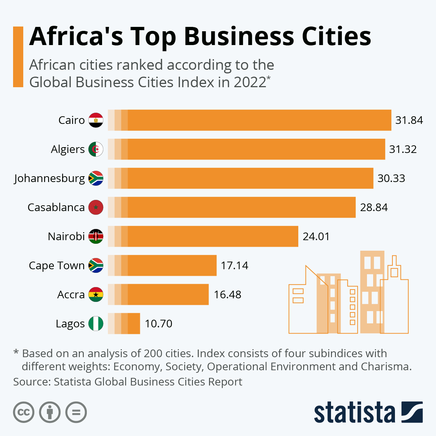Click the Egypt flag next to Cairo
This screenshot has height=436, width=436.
[96, 120]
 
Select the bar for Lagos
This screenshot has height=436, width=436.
[124, 323]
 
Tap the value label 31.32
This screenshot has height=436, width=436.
[403, 149]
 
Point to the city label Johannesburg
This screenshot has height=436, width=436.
[49, 178]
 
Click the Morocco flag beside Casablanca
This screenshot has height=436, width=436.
[96, 207]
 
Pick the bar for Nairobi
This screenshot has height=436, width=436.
[203, 236]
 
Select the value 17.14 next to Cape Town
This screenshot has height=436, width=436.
[234, 266]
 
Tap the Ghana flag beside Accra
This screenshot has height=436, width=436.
[96, 295]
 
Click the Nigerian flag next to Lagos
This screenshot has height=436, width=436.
[96, 324]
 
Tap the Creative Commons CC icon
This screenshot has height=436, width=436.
[24, 412]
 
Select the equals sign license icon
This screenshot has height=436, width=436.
[76, 412]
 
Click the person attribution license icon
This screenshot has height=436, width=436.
[50, 412]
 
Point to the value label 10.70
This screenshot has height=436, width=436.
[158, 324]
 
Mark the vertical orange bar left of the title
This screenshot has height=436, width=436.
[18, 57]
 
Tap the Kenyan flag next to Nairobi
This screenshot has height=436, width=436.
[96, 237]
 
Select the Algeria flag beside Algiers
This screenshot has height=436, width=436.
[96, 149]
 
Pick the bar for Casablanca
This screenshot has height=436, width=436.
[233, 207]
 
